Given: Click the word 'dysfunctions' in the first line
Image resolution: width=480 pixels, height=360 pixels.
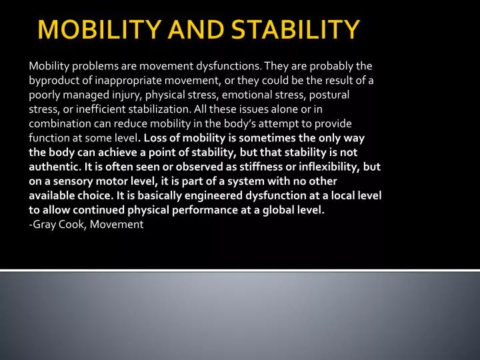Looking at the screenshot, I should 229,66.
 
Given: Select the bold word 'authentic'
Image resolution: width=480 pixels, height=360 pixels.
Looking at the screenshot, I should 53,167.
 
